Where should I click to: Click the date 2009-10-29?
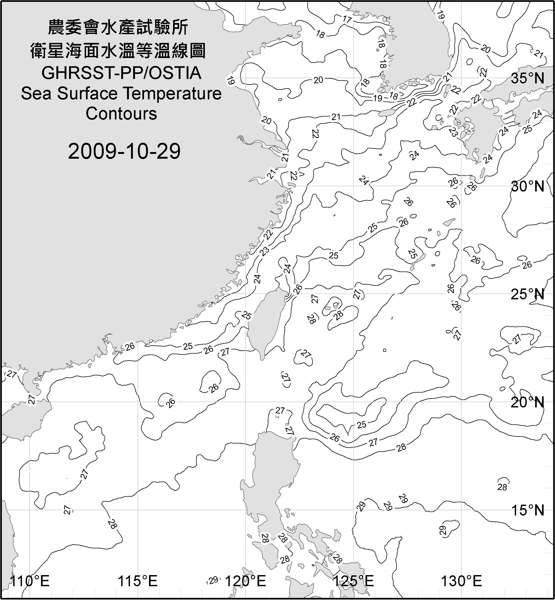click(x=124, y=151)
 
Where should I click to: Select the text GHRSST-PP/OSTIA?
click(x=121, y=73)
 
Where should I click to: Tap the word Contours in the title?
click(x=121, y=114)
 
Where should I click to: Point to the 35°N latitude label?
click(x=528, y=78)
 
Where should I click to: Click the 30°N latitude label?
click(x=528, y=187)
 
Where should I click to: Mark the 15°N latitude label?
click(x=528, y=510)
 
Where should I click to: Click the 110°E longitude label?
click(x=30, y=581)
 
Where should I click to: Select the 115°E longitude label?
click(x=138, y=581)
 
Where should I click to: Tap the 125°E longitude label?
click(x=354, y=581)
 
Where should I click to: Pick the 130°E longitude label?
click(x=461, y=581)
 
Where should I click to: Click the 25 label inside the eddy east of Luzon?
click(x=362, y=425)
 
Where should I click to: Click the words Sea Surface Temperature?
click(x=121, y=94)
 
